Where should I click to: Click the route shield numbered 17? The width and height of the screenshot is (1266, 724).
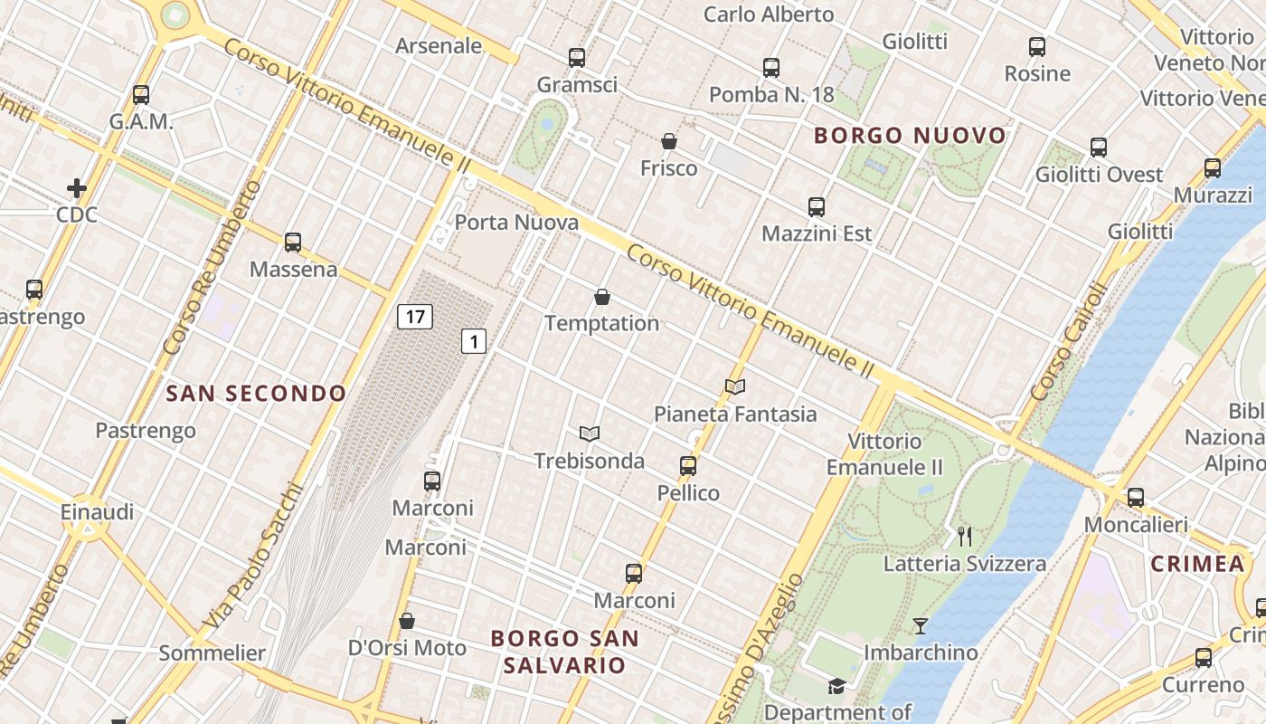pos(415,317)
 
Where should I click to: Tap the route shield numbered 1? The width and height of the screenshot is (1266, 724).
pos(474,341)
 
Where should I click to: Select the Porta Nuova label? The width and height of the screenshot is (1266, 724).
pos(516,223)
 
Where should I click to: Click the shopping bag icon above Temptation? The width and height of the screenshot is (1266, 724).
pos(602,297)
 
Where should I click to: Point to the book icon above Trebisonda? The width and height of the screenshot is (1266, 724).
pos(590,434)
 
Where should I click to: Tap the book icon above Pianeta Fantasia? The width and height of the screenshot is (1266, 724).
pos(735,387)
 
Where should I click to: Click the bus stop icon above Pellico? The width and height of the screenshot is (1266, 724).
pos(688,466)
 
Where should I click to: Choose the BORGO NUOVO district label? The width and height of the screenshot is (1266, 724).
pos(910,136)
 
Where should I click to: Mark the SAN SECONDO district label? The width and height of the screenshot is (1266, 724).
pos(257,394)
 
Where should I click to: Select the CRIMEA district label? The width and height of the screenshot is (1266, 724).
pos(1197,564)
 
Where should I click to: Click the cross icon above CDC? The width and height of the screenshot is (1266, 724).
pos(77,188)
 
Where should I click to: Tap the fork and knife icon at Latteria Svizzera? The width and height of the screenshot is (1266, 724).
pos(965,537)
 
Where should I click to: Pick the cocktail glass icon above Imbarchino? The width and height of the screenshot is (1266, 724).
pos(921,625)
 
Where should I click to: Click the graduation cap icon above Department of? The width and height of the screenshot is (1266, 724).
pos(837,686)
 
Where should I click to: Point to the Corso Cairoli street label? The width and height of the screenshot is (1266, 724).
pos(1069,342)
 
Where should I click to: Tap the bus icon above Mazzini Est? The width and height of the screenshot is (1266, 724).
pos(817,207)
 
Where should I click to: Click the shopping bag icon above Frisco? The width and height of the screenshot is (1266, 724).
pos(669,141)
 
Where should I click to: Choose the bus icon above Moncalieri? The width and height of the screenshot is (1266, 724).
pos(1136,497)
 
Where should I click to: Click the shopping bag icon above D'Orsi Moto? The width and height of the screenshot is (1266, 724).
pos(407,621)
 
